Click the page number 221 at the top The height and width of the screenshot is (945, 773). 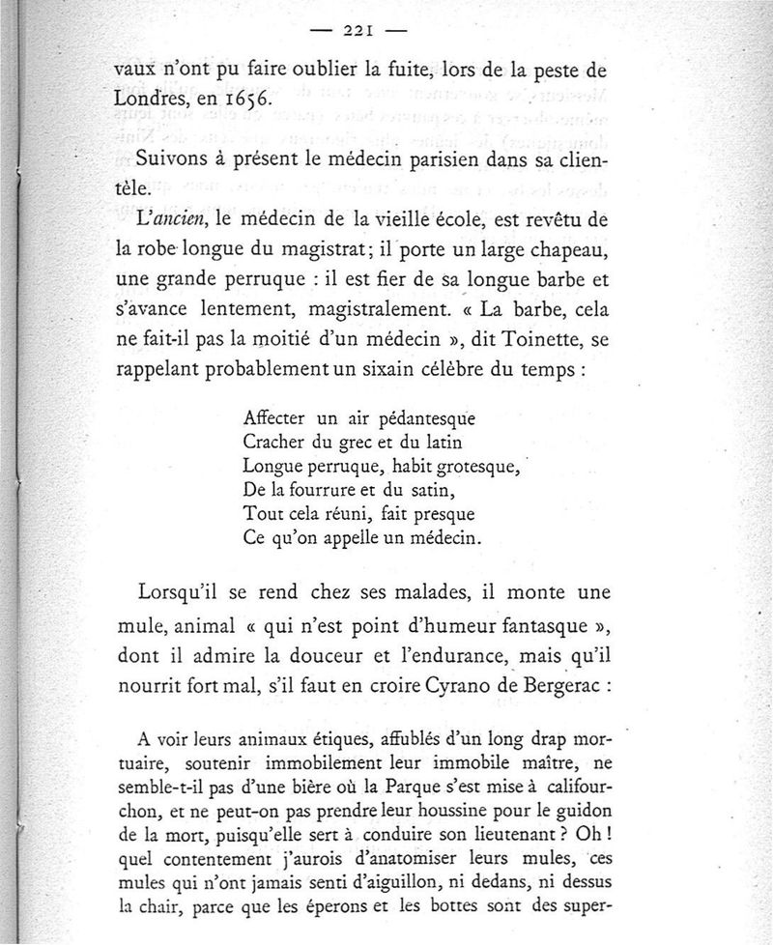[358, 30]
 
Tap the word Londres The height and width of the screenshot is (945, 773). [148, 98]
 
